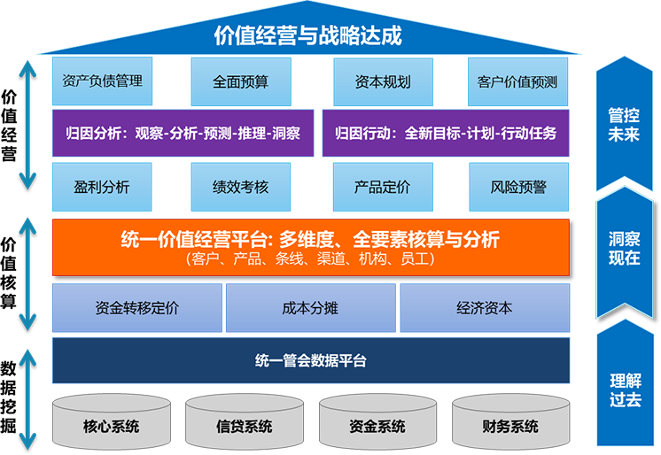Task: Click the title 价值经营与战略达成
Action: (x=308, y=35)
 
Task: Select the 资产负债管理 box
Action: (x=103, y=81)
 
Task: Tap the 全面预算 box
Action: (x=241, y=81)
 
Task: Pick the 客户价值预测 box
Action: (x=517, y=81)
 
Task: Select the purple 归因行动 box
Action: (x=446, y=134)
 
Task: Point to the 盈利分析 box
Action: (x=102, y=187)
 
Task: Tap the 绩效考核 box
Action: (x=241, y=187)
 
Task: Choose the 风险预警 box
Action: (x=518, y=187)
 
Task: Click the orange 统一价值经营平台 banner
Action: (x=310, y=247)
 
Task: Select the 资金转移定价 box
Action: (x=137, y=308)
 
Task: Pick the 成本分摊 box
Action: (x=310, y=308)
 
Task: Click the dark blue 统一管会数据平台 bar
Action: (x=310, y=360)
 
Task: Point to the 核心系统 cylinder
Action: (x=111, y=423)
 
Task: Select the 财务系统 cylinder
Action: (x=510, y=423)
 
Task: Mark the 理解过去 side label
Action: (x=624, y=389)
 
